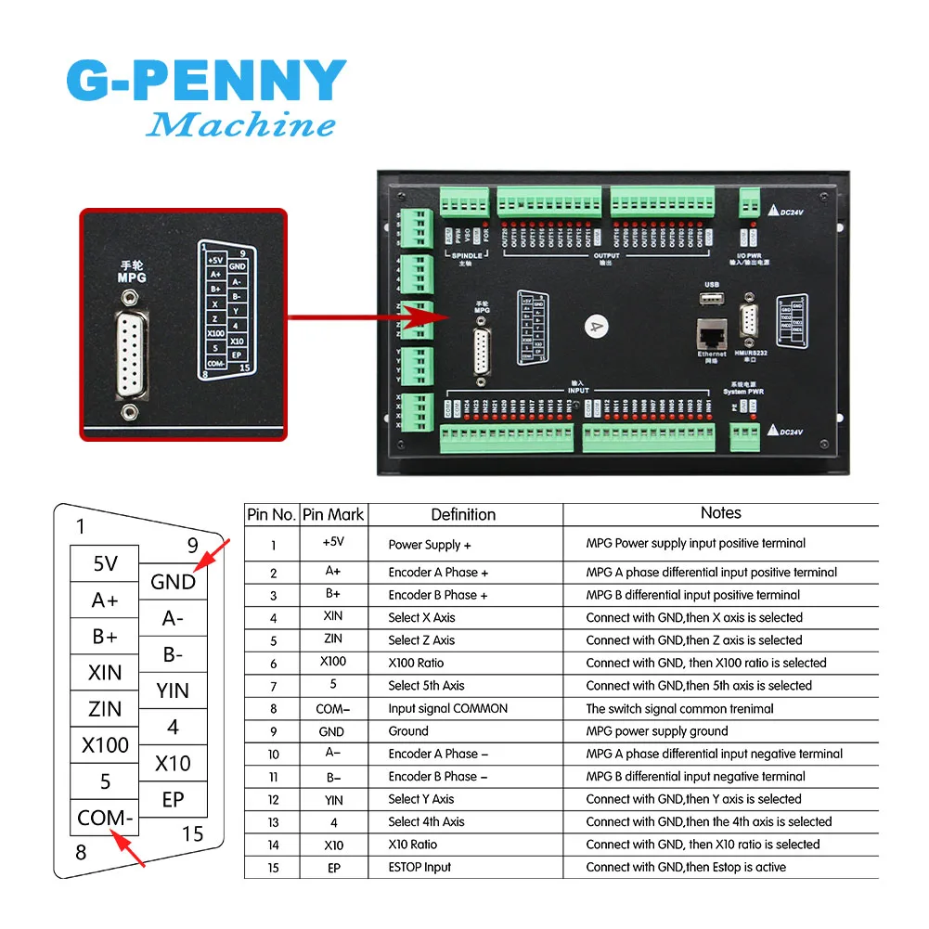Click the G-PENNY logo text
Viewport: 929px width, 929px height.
[x=206, y=81]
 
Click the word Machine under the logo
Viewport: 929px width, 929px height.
[x=240, y=123]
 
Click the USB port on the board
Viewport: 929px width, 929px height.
[x=712, y=297]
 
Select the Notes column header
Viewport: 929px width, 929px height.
[x=720, y=512]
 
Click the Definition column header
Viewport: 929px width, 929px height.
[x=463, y=514]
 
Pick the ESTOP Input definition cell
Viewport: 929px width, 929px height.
[x=419, y=867]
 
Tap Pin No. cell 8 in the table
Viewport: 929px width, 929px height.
[x=273, y=708]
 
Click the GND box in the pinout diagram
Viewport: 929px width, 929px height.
[x=173, y=582]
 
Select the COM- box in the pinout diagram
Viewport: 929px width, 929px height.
[x=105, y=818]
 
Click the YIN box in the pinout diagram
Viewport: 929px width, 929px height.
[x=173, y=690]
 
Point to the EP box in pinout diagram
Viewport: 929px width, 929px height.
[x=173, y=799]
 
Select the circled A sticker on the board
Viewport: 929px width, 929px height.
[x=594, y=326]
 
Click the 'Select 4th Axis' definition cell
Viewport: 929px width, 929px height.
[x=426, y=821]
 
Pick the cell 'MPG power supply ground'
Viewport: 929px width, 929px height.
[x=657, y=731]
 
